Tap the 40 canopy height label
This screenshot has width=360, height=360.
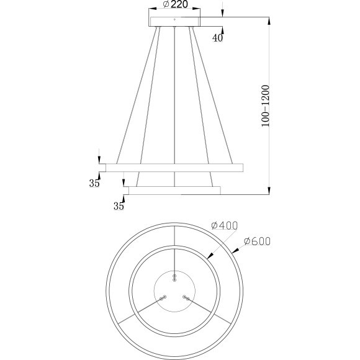(217, 38)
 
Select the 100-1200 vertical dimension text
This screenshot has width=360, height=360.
(265, 106)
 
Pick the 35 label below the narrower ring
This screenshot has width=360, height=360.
(118, 207)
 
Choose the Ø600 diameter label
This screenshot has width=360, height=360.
(258, 241)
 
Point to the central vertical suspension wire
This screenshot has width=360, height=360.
(176, 106)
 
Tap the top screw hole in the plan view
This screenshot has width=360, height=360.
(174, 276)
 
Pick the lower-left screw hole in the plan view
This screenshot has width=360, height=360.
(163, 298)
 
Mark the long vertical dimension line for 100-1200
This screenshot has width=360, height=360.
(269, 106)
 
